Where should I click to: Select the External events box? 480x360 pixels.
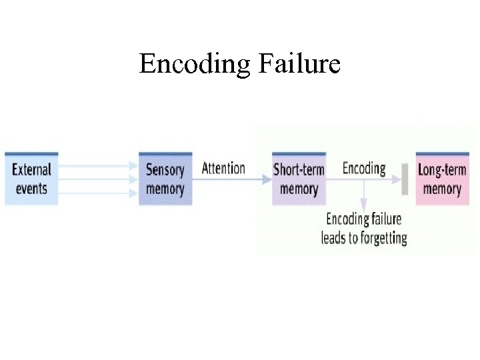click(x=31, y=179)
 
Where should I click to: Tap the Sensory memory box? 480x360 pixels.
click(x=165, y=179)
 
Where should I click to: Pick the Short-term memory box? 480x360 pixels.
click(x=299, y=179)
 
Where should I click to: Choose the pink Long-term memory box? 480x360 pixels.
click(x=442, y=179)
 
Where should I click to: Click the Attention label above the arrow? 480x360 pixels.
click(x=223, y=168)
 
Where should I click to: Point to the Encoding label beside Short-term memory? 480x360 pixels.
click(x=364, y=168)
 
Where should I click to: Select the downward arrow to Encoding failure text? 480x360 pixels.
click(x=364, y=196)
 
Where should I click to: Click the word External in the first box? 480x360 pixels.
click(x=31, y=169)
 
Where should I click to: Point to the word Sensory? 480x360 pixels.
click(x=165, y=169)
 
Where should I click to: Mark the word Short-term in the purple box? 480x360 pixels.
click(x=299, y=169)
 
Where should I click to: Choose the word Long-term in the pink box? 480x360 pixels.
click(x=442, y=169)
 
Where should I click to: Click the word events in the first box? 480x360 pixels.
click(x=31, y=189)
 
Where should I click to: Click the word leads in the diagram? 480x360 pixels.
click(x=334, y=238)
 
